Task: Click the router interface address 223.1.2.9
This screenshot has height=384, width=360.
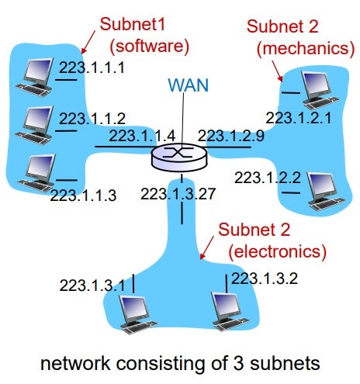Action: point(230,136)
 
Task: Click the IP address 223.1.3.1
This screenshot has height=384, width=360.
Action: point(92,285)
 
